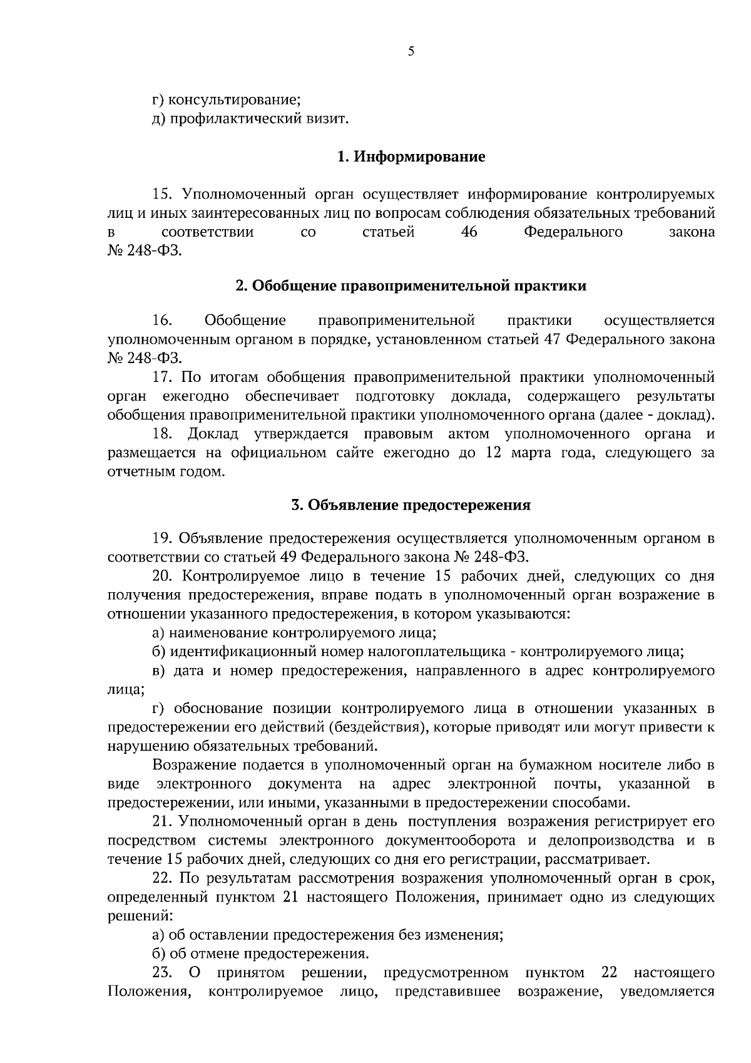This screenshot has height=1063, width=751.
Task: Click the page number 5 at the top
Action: tap(411, 53)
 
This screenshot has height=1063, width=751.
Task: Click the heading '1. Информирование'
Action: tap(411, 156)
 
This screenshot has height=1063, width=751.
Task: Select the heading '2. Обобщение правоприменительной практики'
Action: tap(411, 286)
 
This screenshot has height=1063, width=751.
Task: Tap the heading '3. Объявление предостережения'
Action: tap(411, 505)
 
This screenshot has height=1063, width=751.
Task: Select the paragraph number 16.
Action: tap(162, 321)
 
